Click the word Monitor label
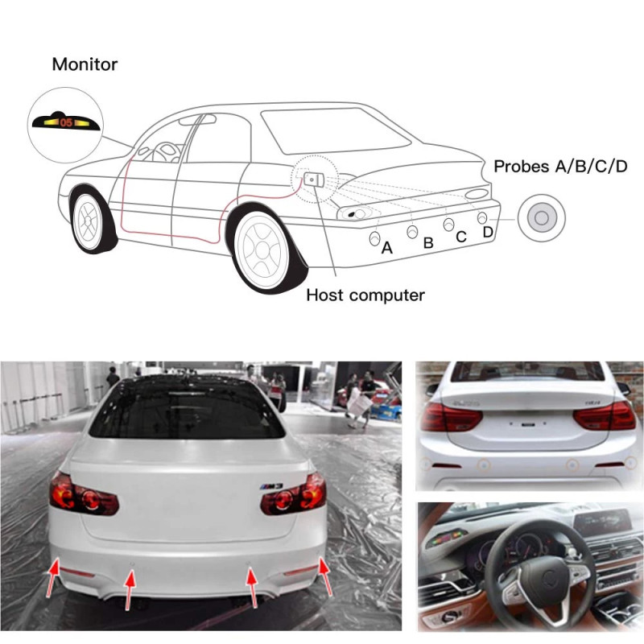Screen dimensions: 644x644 pyautogui.click(x=85, y=64)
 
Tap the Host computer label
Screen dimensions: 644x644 pyautogui.click(x=365, y=295)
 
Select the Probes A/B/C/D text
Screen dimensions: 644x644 pyautogui.click(x=560, y=167)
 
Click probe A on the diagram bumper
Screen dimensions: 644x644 pyautogui.click(x=374, y=238)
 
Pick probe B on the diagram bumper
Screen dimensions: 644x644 pyautogui.click(x=412, y=232)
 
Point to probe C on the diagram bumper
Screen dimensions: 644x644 pyautogui.click(x=448, y=225)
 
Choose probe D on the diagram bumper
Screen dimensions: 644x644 pyautogui.click(x=482, y=217)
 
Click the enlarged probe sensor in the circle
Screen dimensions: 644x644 pyautogui.click(x=541, y=217)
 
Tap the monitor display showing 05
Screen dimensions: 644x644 pyautogui.click(x=66, y=122)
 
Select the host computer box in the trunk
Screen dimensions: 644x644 pyautogui.click(x=314, y=180)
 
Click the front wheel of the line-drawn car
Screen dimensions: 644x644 pyautogui.click(x=88, y=221)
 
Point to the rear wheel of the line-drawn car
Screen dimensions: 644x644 pyautogui.click(x=262, y=250)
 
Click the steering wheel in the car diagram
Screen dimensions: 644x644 pyautogui.click(x=166, y=152)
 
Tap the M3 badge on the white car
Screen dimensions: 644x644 pyautogui.click(x=271, y=486)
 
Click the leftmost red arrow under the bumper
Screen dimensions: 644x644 pyautogui.click(x=52, y=576)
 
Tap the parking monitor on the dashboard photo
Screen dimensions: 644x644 pyautogui.click(x=447, y=538)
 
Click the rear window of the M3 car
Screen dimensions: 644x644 pyautogui.click(x=187, y=409)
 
